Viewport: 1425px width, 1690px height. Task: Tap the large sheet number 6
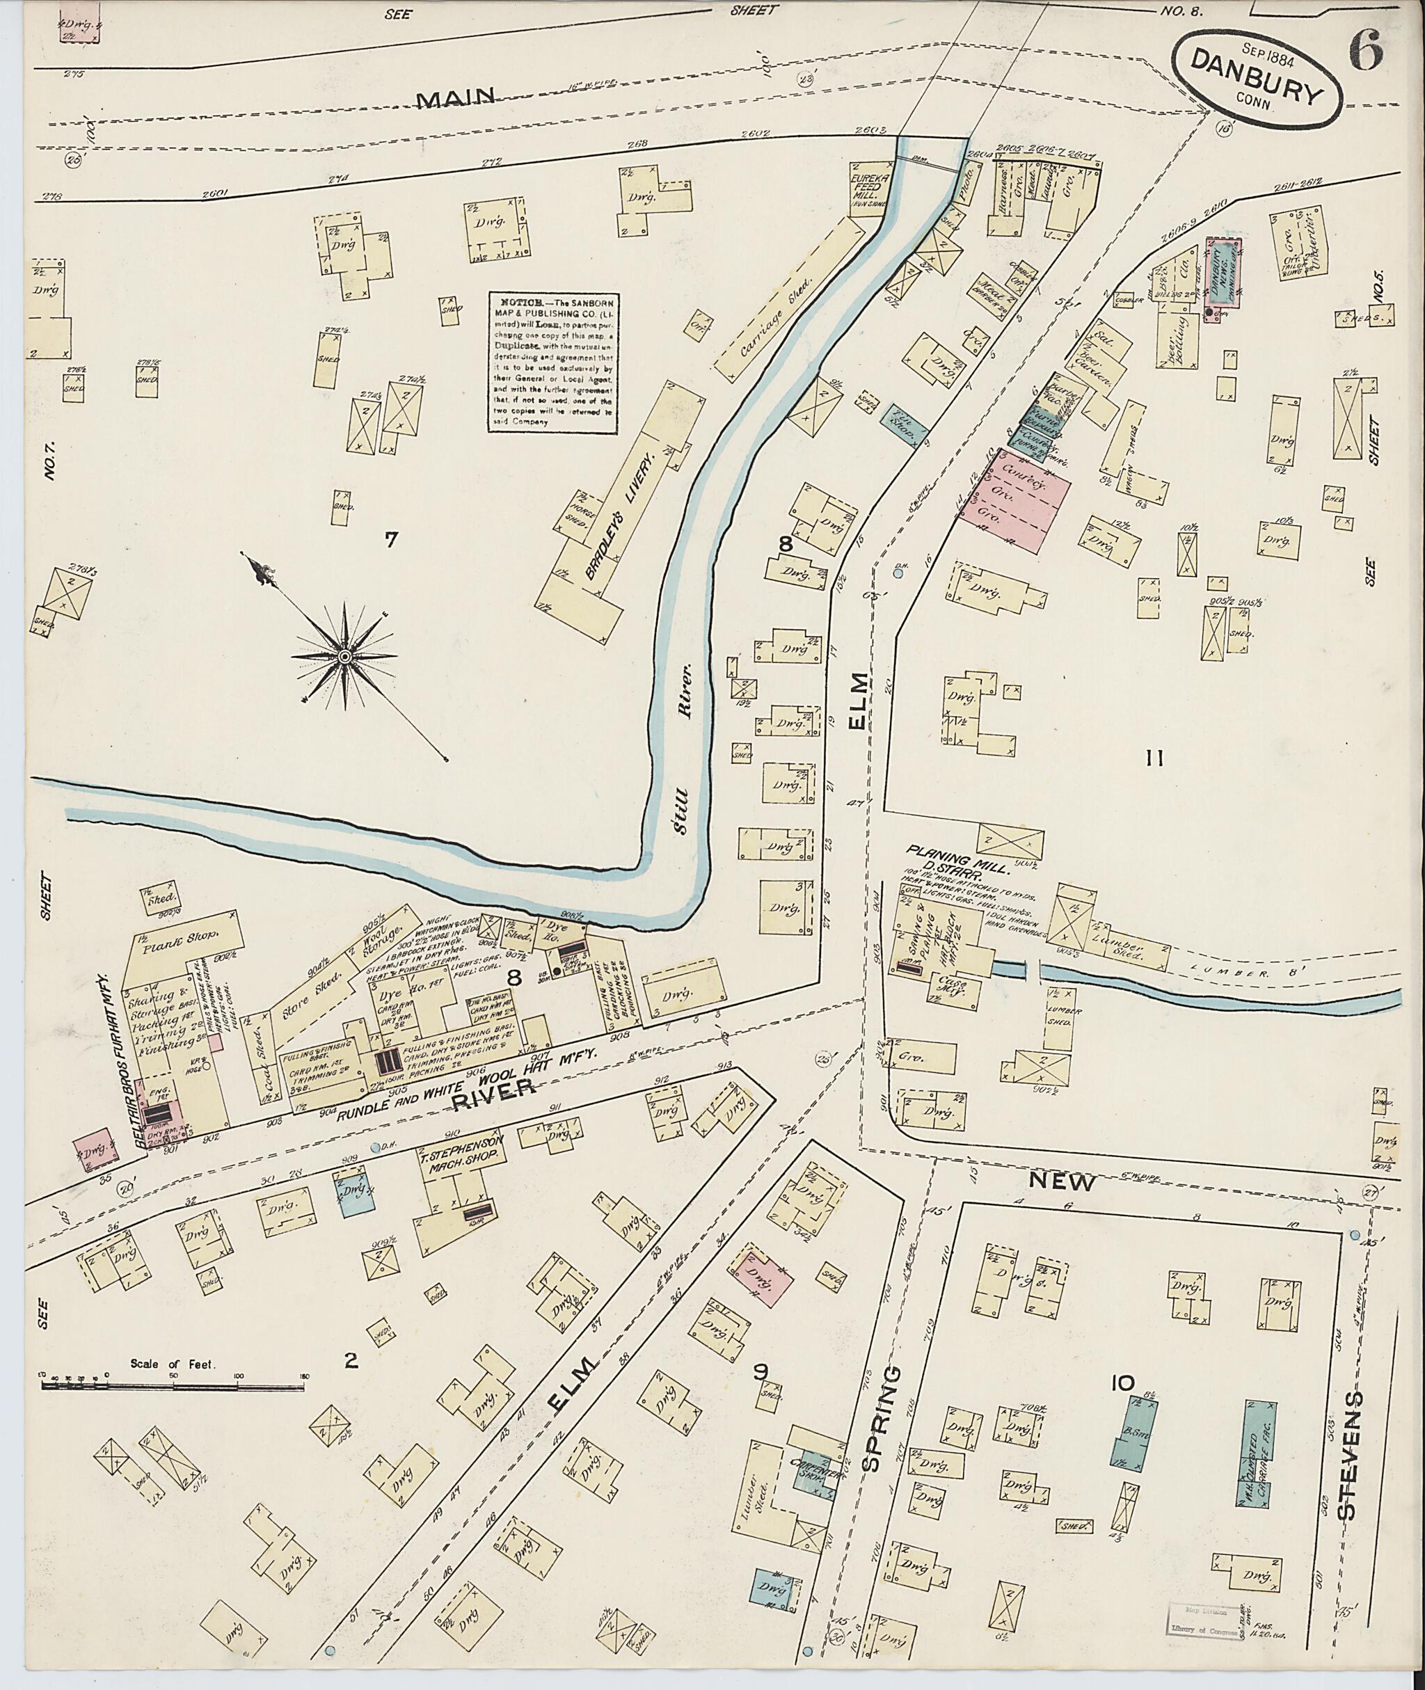[x=1366, y=54]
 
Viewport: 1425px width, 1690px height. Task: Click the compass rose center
[x=344, y=657]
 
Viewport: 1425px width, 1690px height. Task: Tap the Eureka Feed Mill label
[x=868, y=189]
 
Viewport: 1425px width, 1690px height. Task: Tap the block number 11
[x=1153, y=758]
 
